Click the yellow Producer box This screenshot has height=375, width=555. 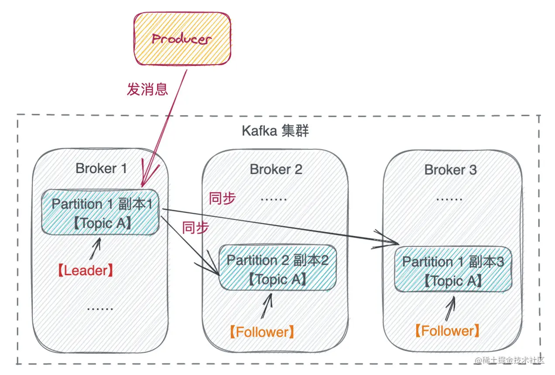(182, 39)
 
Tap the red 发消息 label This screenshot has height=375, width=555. (147, 89)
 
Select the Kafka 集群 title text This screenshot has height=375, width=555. (275, 130)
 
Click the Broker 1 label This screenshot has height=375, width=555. (101, 168)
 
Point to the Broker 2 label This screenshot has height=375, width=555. (276, 170)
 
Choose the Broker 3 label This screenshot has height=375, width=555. (450, 170)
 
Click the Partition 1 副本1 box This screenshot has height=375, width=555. (100, 212)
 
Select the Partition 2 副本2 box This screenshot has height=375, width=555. (278, 267)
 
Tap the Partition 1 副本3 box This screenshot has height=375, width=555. (453, 269)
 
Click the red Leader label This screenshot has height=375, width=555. (86, 270)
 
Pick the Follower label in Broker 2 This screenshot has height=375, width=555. (262, 332)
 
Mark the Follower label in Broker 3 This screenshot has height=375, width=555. (447, 331)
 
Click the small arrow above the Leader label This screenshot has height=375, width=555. (96, 249)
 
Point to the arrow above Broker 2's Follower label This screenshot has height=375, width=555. (267, 306)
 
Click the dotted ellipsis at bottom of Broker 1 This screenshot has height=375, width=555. (100, 309)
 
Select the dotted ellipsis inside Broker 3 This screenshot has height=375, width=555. (449, 199)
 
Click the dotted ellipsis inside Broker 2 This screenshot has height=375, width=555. (274, 199)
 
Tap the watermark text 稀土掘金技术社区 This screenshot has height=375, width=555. (510, 360)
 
